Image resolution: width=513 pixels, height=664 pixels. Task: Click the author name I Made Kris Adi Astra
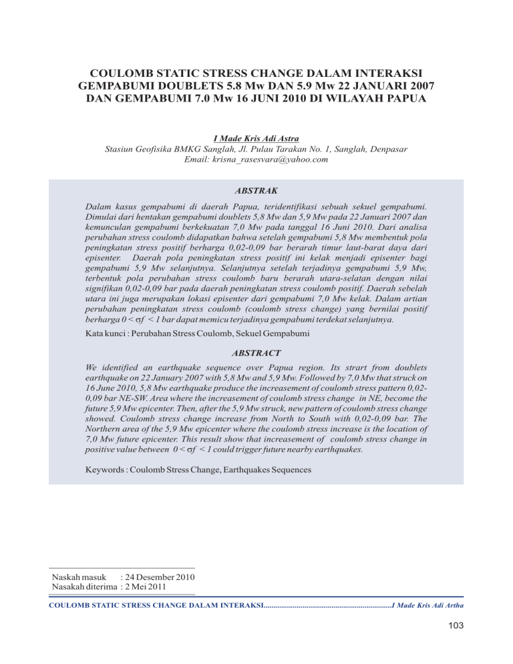(256, 138)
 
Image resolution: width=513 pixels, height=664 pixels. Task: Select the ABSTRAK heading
(256, 190)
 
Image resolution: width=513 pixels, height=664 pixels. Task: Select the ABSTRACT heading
(256, 352)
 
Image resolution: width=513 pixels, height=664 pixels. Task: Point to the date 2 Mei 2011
(148, 587)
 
